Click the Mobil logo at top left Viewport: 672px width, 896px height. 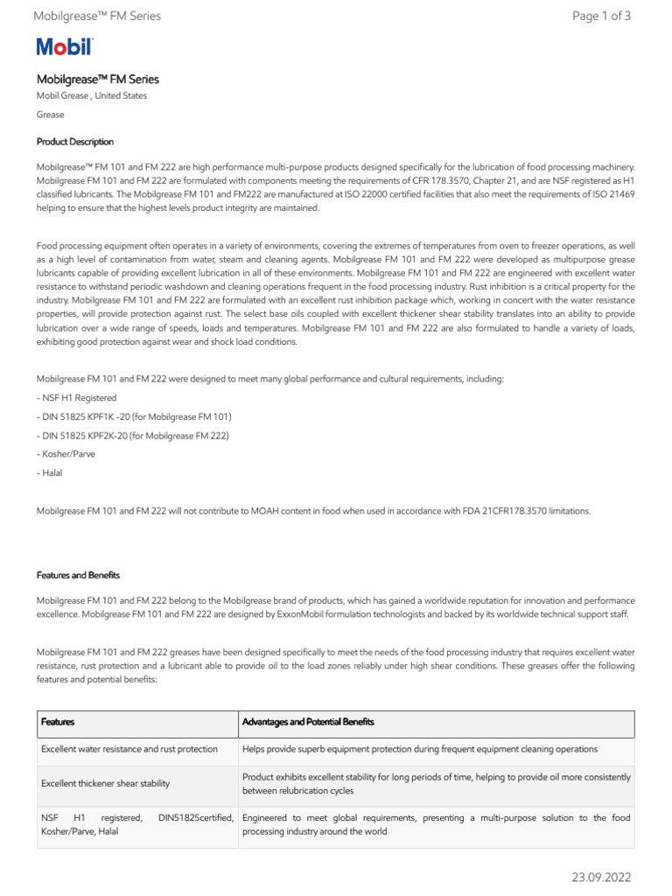[65, 48]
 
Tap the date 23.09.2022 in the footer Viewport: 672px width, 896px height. [601, 877]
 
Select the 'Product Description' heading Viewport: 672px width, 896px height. [74, 142]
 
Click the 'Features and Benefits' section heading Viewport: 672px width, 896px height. [78, 575]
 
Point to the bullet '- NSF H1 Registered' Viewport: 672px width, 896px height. [76, 397]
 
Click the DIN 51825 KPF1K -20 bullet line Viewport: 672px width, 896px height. [134, 416]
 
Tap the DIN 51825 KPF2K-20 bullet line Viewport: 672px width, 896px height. [133, 435]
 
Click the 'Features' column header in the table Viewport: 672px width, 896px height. [58, 722]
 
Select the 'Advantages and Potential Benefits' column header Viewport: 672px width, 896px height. [308, 722]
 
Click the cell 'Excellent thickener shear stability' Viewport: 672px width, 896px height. [105, 783]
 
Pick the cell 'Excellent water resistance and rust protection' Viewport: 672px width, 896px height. [129, 749]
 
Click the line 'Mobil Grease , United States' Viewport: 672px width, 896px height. [92, 95]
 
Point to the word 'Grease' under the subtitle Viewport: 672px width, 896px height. [50, 115]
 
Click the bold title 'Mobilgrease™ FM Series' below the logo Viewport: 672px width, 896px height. [97, 79]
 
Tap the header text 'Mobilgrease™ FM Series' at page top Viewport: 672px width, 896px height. [96, 16]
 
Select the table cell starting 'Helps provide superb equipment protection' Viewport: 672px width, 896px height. [420, 749]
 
